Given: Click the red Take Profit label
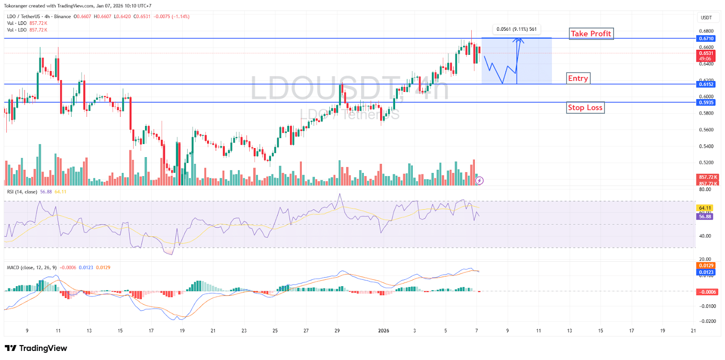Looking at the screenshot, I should pyautogui.click(x=591, y=34).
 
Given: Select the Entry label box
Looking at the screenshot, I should pyautogui.click(x=578, y=78).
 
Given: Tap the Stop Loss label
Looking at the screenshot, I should pyautogui.click(x=585, y=108).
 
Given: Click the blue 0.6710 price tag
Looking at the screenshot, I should pyautogui.click(x=706, y=38).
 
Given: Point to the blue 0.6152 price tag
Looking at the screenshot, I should pyautogui.click(x=706, y=84).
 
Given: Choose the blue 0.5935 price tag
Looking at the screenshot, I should pyautogui.click(x=706, y=102).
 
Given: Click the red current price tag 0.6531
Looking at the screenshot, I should pyautogui.click(x=706, y=53).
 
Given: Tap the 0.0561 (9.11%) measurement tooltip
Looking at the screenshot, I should pyautogui.click(x=516, y=29).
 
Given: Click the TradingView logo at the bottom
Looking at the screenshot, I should pyautogui.click(x=36, y=348).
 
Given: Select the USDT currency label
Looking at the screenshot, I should pyautogui.click(x=706, y=18).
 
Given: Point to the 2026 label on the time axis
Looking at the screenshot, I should pyautogui.click(x=383, y=331).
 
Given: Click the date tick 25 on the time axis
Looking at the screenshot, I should pyautogui.click(x=275, y=331).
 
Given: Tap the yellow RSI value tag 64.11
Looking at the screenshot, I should pyautogui.click(x=705, y=208).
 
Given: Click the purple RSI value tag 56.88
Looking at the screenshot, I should pyautogui.click(x=705, y=216).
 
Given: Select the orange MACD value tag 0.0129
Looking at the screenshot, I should pyautogui.click(x=706, y=265).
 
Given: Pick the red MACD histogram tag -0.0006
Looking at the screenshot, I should pyautogui.click(x=706, y=292).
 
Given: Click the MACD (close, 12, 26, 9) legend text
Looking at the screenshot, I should pyautogui.click(x=32, y=268).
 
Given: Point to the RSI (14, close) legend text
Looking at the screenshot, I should pyautogui.click(x=22, y=192).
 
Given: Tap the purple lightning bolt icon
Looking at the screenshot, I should pyautogui.click(x=479, y=181).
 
